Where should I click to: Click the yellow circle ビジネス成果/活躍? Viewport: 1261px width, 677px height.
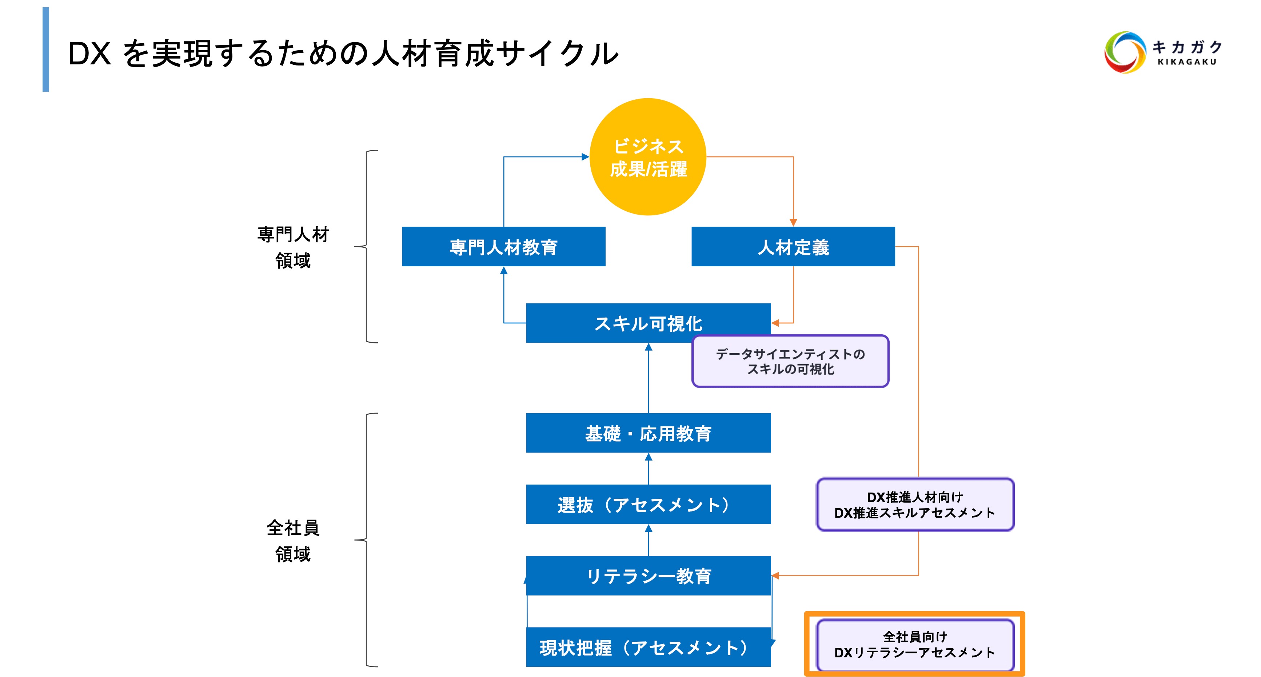click(x=648, y=157)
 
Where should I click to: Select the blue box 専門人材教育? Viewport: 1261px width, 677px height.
click(x=503, y=247)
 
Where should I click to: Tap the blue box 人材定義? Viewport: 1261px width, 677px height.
click(x=793, y=247)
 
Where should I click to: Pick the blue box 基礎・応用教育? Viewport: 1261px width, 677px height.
click(x=648, y=433)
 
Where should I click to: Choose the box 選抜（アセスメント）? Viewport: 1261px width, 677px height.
click(x=648, y=505)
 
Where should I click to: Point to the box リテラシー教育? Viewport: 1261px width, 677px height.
click(x=648, y=576)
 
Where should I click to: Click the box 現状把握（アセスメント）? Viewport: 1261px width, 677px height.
click(x=648, y=647)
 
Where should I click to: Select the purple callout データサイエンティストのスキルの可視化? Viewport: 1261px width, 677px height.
click(x=790, y=362)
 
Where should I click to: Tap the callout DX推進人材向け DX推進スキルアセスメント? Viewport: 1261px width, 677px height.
click(x=915, y=505)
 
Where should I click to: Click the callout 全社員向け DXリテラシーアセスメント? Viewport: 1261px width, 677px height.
click(x=915, y=645)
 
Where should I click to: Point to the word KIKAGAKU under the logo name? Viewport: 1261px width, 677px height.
click(x=1186, y=62)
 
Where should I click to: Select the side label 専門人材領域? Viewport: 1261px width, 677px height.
click(x=293, y=247)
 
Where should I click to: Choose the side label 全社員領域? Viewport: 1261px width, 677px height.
click(x=293, y=541)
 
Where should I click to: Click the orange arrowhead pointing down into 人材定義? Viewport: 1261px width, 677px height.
click(x=793, y=223)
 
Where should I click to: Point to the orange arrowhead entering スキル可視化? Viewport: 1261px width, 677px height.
click(x=775, y=323)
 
